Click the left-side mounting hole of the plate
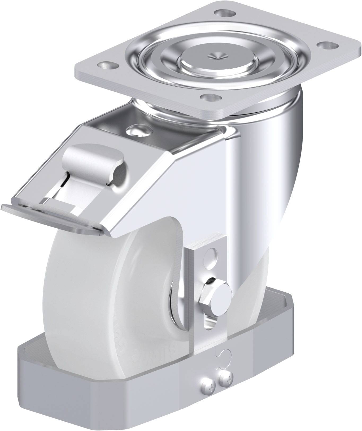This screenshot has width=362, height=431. (107, 65)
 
